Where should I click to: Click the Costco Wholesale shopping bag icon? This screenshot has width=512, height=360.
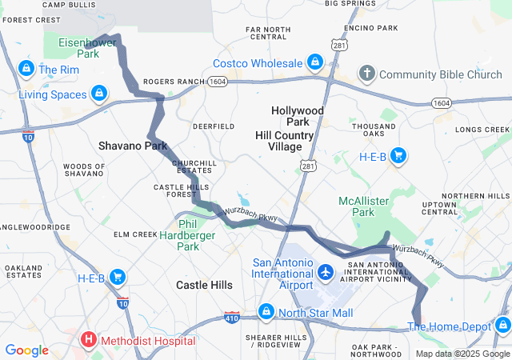[315, 62]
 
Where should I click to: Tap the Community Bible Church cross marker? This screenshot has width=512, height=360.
[367, 74]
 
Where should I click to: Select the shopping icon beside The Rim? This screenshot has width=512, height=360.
[26, 69]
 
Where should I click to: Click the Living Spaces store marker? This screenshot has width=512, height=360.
[98, 94]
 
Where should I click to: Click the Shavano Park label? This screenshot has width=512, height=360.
[133, 146]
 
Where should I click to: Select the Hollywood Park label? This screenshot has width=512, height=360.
[298, 116]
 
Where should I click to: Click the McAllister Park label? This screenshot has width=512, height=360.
[356, 206]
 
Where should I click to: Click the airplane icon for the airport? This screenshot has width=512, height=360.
[326, 273]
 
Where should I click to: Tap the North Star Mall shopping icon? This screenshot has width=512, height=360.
[266, 311]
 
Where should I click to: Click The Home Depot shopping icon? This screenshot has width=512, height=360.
[502, 325]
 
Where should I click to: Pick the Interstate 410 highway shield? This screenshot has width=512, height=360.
[232, 317]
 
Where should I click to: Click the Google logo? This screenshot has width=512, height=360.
[26, 350]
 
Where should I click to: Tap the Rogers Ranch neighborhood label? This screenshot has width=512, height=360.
[174, 82]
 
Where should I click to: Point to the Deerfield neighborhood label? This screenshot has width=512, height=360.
[214, 126]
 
